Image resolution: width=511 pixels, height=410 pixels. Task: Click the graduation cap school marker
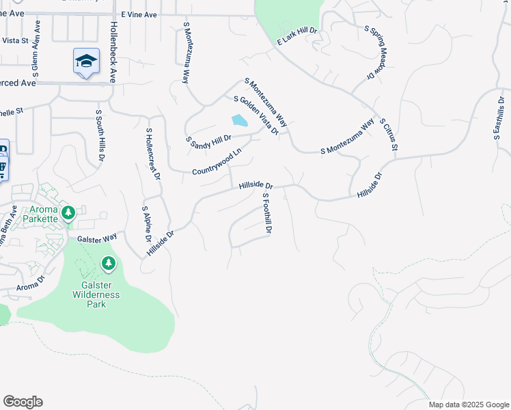tap(87, 61)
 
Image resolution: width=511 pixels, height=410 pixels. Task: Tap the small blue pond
tap(239, 121)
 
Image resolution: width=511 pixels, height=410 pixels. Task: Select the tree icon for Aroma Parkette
tap(68, 213)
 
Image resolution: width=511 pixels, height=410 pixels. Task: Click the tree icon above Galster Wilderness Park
tap(108, 263)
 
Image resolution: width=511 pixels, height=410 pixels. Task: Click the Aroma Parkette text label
tap(42, 214)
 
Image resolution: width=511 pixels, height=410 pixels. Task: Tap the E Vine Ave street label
tap(139, 14)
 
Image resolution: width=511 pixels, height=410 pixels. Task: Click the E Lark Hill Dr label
tap(298, 37)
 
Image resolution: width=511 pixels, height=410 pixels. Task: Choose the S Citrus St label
tap(388, 133)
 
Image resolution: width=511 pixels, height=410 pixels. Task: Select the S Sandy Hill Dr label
tap(209, 139)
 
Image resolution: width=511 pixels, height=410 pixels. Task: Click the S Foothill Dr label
tap(267, 213)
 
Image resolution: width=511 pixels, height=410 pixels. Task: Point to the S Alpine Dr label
tap(146, 224)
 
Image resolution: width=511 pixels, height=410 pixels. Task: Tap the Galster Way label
tap(97, 238)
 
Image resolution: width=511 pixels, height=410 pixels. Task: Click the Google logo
tap(23, 402)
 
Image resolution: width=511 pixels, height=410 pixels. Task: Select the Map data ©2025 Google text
tap(469, 405)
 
